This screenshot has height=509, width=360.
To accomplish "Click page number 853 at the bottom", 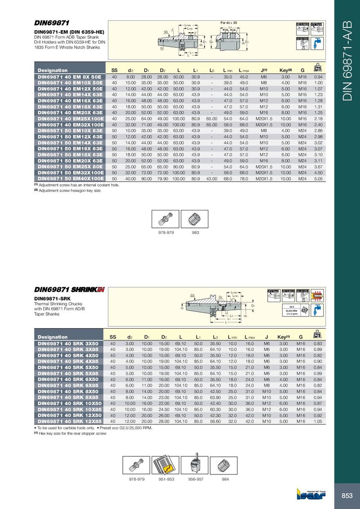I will [x=346, y=496].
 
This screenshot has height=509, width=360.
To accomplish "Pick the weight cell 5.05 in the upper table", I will [x=319, y=178].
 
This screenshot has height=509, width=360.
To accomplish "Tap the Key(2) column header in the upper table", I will [x=286, y=70].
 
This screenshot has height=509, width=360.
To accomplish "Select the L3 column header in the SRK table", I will [x=216, y=337].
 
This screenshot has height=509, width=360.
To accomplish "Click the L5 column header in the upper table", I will [x=211, y=70].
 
